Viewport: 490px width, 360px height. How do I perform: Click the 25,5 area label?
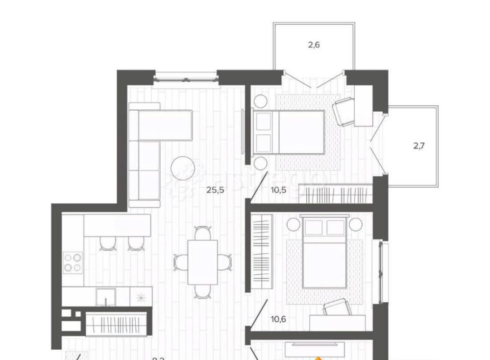pyautogui.click(x=216, y=191)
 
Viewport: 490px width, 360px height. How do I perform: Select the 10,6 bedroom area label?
pyautogui.click(x=278, y=319)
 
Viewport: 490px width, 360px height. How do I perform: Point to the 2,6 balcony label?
pyautogui.click(x=314, y=45)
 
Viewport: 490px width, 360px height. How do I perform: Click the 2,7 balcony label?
pyautogui.click(x=418, y=145)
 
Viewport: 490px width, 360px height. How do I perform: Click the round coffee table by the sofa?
pyautogui.click(x=182, y=168)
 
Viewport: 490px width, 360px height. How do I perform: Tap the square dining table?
pyautogui.click(x=202, y=262)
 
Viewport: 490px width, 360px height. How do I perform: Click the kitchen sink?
pyautogui.click(x=105, y=297)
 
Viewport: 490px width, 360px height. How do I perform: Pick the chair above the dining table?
pyautogui.click(x=202, y=233)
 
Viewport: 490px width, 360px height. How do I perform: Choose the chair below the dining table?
pyautogui.click(x=202, y=291)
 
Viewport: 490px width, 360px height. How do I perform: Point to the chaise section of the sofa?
pyautogui.click(x=165, y=124)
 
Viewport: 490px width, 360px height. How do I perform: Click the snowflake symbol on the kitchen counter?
pyautogui.click(x=141, y=297)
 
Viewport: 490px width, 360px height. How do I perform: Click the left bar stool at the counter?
pyautogui.click(x=106, y=243)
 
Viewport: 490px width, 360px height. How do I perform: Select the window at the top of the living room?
pyautogui.click(x=185, y=76)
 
